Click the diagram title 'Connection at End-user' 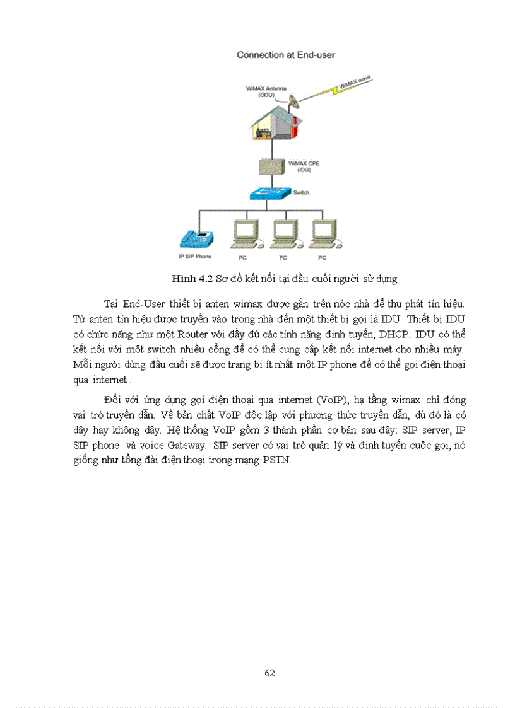[x=285, y=55]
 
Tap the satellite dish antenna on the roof [x=295, y=100]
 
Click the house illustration [x=272, y=124]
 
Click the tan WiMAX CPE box [x=272, y=167]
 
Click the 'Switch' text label [x=302, y=192]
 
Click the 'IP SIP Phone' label [x=195, y=257]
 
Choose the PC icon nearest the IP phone [x=244, y=235]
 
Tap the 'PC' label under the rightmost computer [x=322, y=258]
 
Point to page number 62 [x=269, y=673]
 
